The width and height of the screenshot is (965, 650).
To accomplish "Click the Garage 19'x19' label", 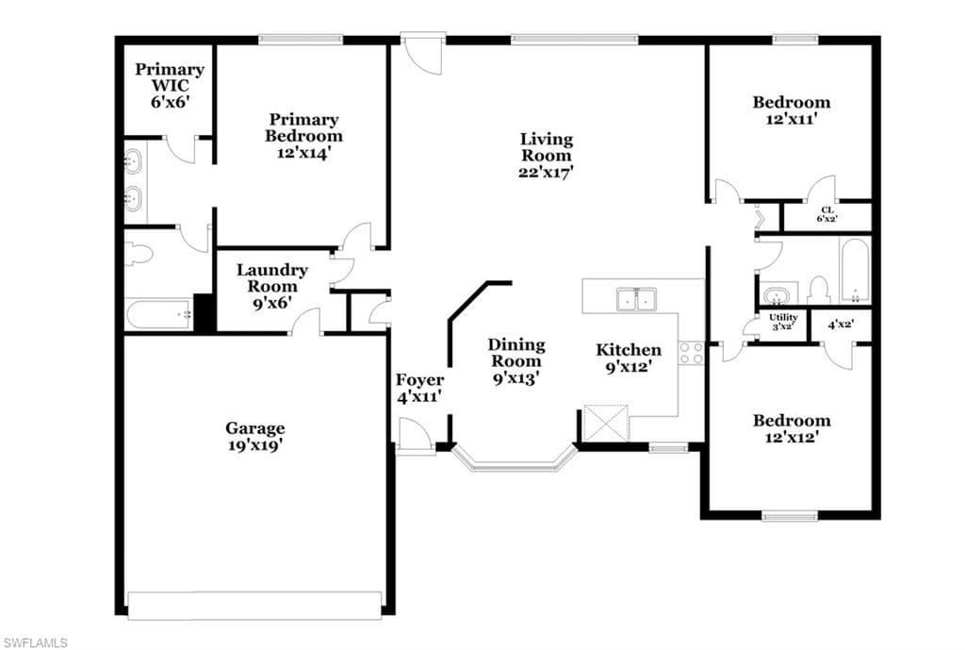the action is [x=254, y=436].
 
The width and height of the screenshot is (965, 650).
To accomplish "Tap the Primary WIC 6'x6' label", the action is [x=170, y=86].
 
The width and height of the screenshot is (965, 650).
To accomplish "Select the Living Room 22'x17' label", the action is [x=546, y=156].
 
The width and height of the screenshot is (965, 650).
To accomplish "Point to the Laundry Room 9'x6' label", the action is [x=272, y=286].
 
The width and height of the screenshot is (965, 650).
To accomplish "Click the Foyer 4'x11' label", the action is [x=419, y=388].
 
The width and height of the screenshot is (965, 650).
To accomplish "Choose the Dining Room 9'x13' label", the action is [x=516, y=361].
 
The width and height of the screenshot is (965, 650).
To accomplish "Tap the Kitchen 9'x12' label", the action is [x=629, y=358].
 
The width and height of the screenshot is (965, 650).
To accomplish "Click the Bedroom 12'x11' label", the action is [x=792, y=110].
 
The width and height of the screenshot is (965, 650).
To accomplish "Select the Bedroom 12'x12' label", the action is [x=792, y=429].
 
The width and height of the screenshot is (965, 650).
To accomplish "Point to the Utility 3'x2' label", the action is [x=783, y=322].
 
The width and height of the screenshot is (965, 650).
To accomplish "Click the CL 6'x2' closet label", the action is [x=827, y=214].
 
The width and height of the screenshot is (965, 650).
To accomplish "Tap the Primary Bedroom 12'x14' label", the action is [x=304, y=136].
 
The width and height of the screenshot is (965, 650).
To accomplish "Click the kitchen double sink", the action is [x=636, y=299].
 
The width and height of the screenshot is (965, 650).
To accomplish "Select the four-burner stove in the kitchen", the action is [x=691, y=353].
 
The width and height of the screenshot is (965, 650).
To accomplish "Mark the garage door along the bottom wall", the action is [x=254, y=605].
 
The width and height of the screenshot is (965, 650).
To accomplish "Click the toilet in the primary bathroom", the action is [x=138, y=253].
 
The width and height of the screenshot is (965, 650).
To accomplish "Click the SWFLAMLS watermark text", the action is [x=34, y=643].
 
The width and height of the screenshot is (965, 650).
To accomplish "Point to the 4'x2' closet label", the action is [x=841, y=324].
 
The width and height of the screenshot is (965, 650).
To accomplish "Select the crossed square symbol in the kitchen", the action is [x=606, y=423].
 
